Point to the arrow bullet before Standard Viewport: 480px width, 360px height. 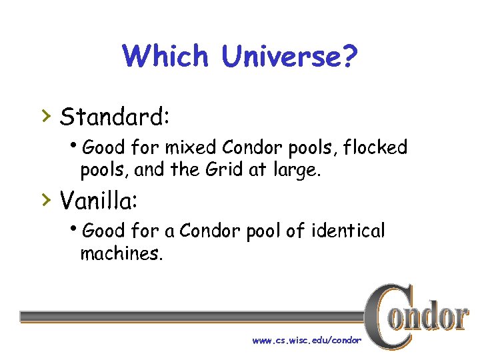tap(45, 117)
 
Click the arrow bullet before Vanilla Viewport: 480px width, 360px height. tap(45, 199)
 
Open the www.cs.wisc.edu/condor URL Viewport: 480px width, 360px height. tap(307, 340)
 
